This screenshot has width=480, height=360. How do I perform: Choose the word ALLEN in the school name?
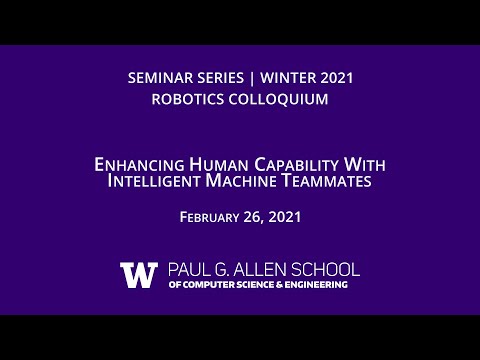(267, 270)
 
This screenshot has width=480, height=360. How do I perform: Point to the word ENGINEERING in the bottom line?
(315, 285)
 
